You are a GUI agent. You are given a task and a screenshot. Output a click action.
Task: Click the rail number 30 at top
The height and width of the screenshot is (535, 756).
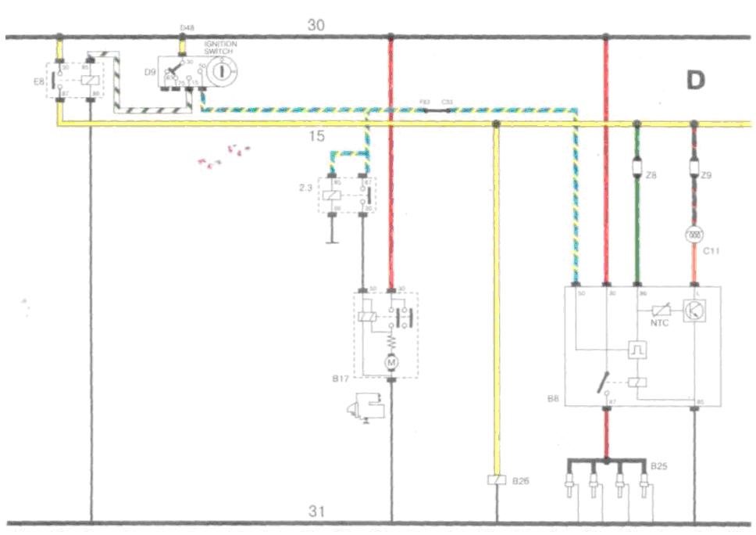click(x=316, y=25)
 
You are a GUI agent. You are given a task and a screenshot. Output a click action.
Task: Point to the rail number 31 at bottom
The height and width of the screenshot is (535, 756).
click(x=316, y=512)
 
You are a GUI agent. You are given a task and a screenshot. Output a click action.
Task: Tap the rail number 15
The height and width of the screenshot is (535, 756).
click(x=316, y=138)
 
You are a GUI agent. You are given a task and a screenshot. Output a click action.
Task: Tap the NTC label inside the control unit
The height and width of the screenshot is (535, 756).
click(x=661, y=322)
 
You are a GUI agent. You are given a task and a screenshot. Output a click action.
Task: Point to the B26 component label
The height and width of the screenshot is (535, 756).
click(x=521, y=481)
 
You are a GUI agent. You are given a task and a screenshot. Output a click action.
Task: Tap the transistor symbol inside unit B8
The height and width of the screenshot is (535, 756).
click(x=694, y=310)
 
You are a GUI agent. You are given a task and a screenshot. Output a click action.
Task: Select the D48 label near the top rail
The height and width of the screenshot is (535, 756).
click(x=187, y=28)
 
